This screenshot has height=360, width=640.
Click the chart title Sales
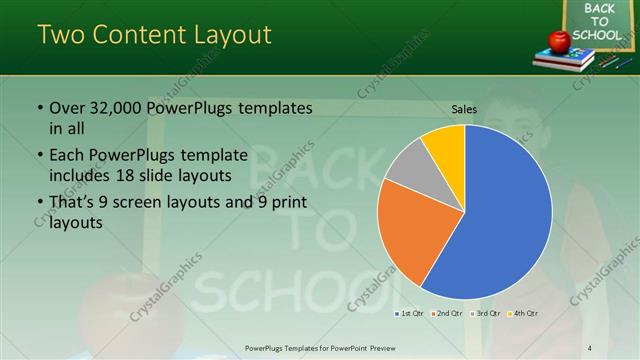point(464,108)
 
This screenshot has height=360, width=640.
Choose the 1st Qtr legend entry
point(410,314)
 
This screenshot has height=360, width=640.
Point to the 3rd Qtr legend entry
point(485,314)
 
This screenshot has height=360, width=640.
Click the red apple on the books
point(559,41)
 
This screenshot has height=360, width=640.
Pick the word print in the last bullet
point(286,203)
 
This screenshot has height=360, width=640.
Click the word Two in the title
point(60,35)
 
